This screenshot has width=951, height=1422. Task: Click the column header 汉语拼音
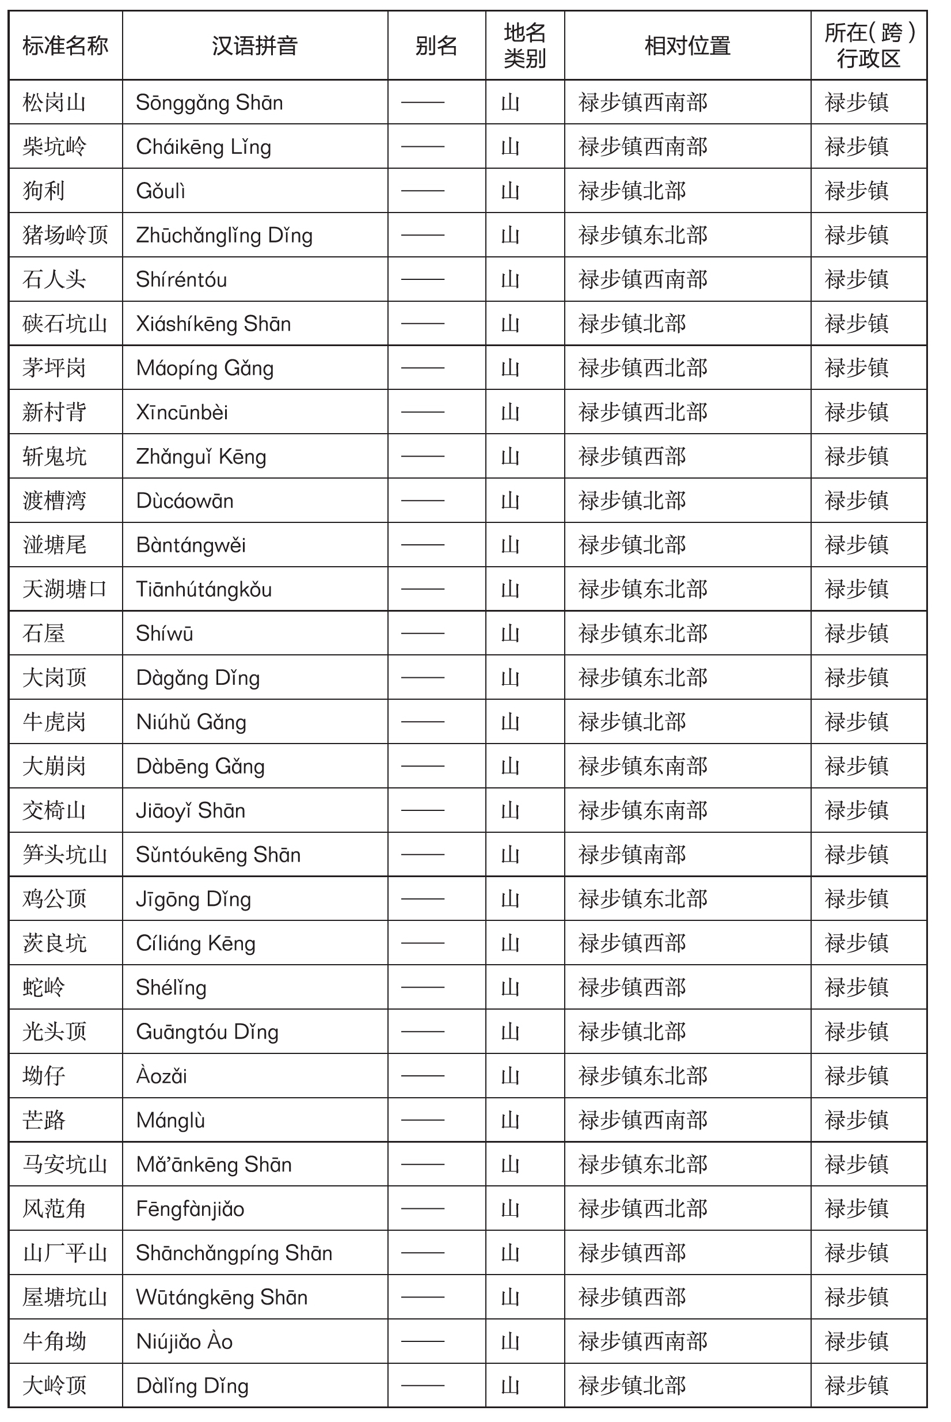point(254,45)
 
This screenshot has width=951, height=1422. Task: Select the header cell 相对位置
point(687,45)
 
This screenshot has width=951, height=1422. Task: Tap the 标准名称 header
point(65,45)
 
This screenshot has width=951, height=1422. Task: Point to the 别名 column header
point(436,45)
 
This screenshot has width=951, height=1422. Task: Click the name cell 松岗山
point(54,103)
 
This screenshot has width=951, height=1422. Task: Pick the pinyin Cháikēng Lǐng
point(203,147)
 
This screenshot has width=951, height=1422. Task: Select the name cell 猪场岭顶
point(65,236)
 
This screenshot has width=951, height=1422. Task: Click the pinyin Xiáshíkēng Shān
point(213,324)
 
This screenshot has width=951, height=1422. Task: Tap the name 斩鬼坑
point(54,457)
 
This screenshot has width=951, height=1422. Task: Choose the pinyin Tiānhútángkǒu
point(203,590)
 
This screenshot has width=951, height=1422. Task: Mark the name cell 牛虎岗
point(54,722)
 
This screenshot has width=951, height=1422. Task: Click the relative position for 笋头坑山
point(632,855)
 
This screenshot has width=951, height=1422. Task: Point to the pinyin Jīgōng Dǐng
point(193,899)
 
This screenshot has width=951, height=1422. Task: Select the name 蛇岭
point(44,988)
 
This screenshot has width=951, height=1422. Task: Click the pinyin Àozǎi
point(161,1076)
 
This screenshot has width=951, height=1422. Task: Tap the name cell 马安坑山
point(65,1165)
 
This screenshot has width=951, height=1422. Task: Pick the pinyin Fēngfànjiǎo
point(190,1209)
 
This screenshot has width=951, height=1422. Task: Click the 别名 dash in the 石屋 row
point(423,634)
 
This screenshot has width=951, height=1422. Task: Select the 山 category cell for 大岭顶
point(510,1386)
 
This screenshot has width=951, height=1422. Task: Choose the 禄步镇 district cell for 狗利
point(857,191)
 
